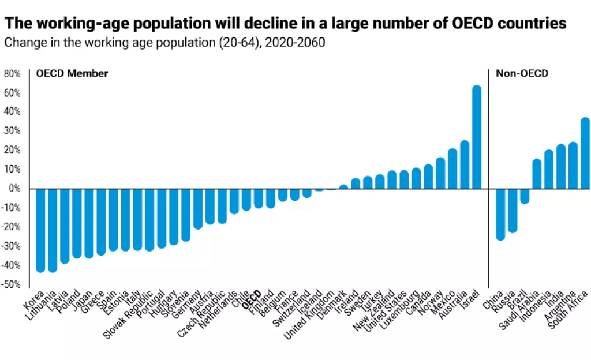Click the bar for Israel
tap(477, 137)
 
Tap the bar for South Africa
tap(585, 153)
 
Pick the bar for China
tap(500, 214)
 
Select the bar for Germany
tap(198, 208)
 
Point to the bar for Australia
tap(465, 164)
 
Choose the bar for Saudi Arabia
tap(537, 174)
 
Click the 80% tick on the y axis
tap(12, 74)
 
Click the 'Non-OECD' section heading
tap(514, 74)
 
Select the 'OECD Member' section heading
tap(72, 74)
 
